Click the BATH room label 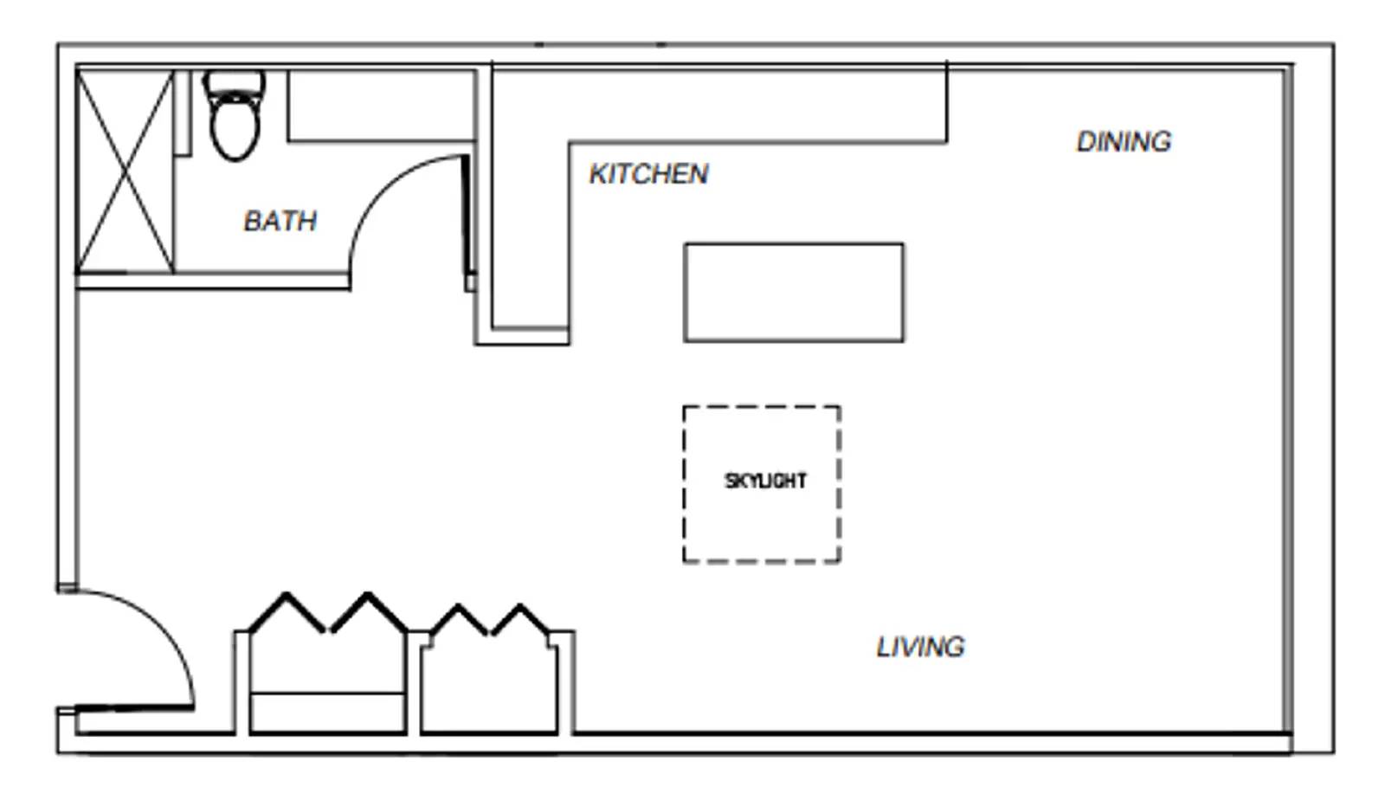280,221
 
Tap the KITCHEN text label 648,174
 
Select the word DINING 1124,141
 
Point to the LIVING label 920,647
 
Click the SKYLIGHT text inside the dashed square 765,481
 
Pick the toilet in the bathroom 235,126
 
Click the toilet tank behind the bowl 234,83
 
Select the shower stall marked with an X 126,171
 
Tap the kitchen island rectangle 794,293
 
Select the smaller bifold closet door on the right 491,620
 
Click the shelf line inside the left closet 327,693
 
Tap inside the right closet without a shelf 489,688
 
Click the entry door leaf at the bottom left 134,708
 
